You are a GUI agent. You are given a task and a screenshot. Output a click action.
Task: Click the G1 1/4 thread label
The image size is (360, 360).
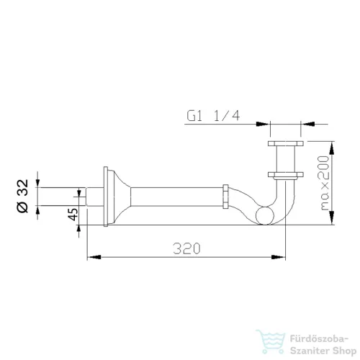[x=213, y=116]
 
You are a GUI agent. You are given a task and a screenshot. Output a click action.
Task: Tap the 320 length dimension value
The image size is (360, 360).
[x=186, y=248]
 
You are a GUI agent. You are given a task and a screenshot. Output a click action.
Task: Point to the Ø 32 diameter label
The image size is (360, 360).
[x=23, y=196]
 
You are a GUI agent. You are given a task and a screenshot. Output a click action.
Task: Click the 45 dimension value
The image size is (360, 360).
[x=73, y=214]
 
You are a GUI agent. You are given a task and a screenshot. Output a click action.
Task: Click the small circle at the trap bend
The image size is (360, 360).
[x=265, y=215]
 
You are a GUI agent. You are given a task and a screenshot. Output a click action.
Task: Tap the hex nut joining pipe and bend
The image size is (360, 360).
[x=225, y=197]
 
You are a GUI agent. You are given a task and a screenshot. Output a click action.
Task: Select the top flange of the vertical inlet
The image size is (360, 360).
[x=286, y=143]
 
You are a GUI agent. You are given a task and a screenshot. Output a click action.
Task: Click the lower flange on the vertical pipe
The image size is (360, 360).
[x=286, y=175]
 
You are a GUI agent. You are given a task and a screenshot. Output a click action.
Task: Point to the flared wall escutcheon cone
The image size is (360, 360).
[x=119, y=197]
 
